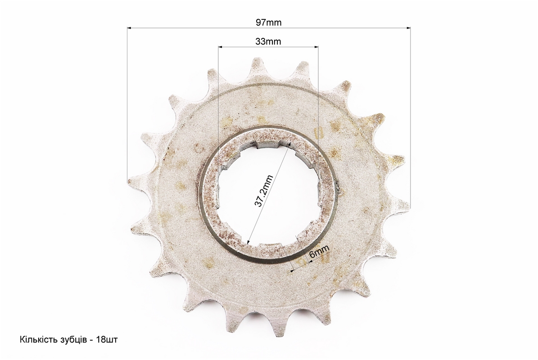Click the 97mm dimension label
(x=268, y=22)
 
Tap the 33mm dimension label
(x=268, y=41)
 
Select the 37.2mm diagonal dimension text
(x=263, y=191)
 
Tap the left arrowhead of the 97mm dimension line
(x=129, y=28)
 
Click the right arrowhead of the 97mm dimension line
(x=408, y=28)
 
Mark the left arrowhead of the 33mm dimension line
(x=221, y=47)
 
